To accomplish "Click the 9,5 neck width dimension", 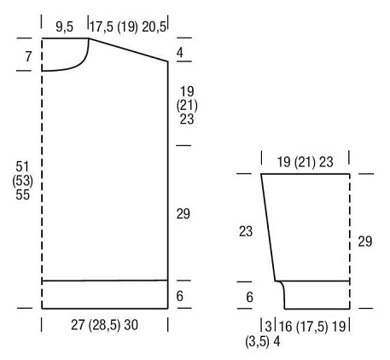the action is (65, 27).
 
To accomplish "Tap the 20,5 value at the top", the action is (154, 27).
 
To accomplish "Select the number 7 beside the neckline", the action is (28, 56).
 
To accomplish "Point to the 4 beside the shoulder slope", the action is (180, 53).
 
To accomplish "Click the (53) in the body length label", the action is (23, 181).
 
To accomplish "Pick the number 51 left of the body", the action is (22, 166).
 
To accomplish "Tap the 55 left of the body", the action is (23, 195).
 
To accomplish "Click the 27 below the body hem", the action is (78, 325).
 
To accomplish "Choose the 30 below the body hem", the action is (131, 325).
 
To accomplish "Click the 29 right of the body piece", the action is (183, 214).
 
